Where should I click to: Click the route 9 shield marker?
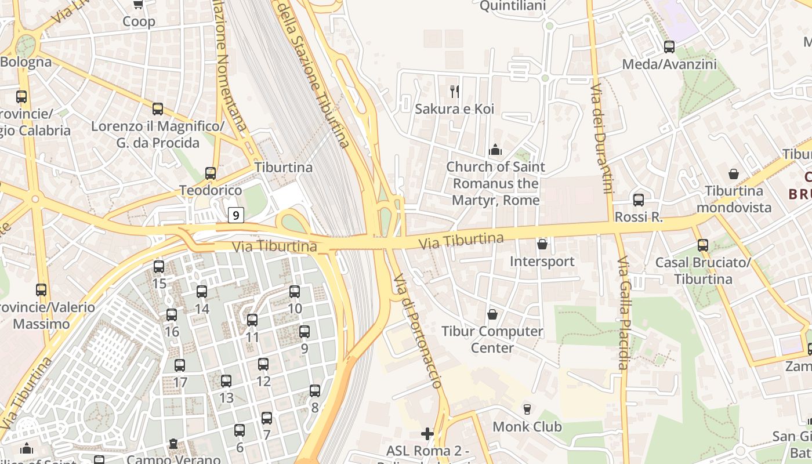tap(235, 215)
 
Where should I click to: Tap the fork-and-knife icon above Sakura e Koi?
tap(455, 91)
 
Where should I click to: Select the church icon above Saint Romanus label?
tap(495, 150)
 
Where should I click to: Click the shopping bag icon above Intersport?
tap(542, 244)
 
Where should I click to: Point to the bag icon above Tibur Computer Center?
tap(492, 314)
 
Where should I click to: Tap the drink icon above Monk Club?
tap(527, 409)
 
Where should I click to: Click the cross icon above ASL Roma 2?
tap(427, 433)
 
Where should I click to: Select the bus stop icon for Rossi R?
tap(639, 200)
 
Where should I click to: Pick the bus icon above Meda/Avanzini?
tap(669, 47)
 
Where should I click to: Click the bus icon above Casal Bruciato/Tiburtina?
tap(703, 245)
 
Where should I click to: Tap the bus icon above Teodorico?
tap(211, 173)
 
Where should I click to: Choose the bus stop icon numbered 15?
tap(159, 267)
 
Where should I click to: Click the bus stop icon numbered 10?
tap(295, 292)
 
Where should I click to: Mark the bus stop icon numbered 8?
tap(315, 391)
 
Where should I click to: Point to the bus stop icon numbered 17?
tap(180, 365)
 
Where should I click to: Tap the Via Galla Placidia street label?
tap(623, 313)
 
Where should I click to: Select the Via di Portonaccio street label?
tap(418, 331)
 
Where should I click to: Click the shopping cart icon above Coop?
tap(138, 5)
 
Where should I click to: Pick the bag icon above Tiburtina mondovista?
tap(734, 173)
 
